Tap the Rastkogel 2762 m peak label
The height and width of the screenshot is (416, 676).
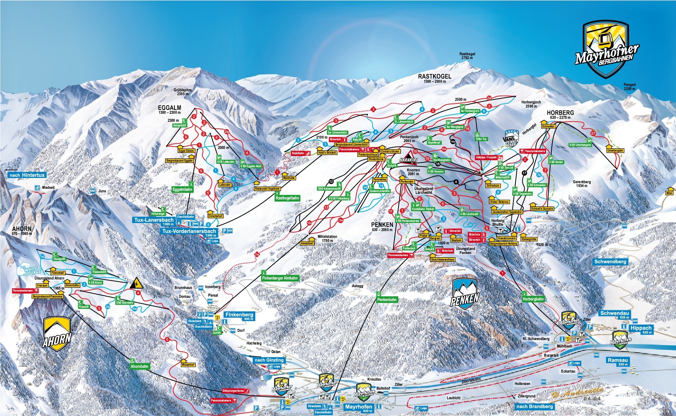pos(467,56)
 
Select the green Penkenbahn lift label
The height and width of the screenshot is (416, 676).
pos(387,300)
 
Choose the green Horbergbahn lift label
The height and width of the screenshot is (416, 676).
pos(533,299)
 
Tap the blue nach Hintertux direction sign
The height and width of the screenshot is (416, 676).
pos(27,175)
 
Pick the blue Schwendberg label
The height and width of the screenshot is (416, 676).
pos(610,261)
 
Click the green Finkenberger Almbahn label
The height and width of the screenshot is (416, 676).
pos(280,278)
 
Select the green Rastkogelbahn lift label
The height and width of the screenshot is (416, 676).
pos(287,198)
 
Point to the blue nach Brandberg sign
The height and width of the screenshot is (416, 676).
pos(535,407)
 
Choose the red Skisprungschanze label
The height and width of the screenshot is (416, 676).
pos(235,391)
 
